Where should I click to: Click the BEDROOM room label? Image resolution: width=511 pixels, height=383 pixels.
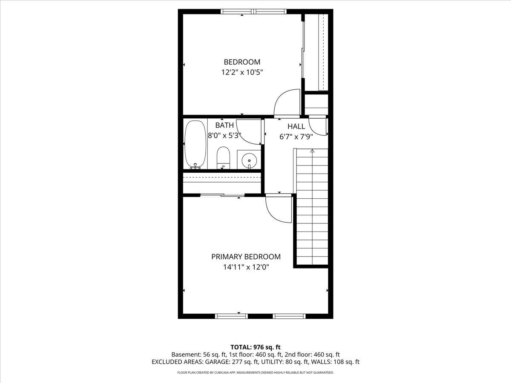[242, 62]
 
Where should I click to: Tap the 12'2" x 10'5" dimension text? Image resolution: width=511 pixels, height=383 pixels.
[242, 72]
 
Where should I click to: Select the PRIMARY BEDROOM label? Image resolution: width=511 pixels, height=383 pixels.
[246, 257]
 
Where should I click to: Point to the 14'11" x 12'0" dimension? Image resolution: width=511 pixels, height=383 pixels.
[246, 267]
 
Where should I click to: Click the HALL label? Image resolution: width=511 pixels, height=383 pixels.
[296, 126]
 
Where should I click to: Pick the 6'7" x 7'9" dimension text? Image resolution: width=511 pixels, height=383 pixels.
[296, 137]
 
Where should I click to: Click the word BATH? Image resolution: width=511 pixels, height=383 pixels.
[224, 125]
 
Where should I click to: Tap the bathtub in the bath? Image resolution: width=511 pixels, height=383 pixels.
[195, 145]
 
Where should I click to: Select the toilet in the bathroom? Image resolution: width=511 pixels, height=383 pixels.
[223, 157]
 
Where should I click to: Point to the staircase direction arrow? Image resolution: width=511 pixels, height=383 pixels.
[312, 151]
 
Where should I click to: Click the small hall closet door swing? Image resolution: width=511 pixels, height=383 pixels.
[317, 126]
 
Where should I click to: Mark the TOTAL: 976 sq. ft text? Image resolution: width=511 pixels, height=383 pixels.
[255, 347]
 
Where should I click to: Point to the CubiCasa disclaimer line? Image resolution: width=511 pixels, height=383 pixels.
[255, 373]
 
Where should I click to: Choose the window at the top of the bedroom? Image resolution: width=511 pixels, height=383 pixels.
[253, 11]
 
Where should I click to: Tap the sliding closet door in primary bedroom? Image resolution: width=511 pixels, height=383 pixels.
[222, 195]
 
